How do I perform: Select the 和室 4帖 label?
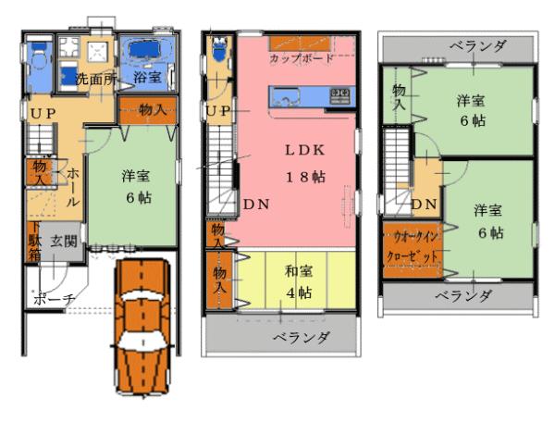(x=297, y=281)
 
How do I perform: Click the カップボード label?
(x=302, y=57)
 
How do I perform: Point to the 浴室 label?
(x=147, y=78)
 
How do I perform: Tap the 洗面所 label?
(x=95, y=79)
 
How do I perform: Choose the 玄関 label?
(x=64, y=241)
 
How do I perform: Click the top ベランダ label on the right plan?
(x=478, y=45)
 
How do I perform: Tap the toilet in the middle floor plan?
(x=219, y=50)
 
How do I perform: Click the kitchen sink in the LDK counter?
(x=283, y=93)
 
